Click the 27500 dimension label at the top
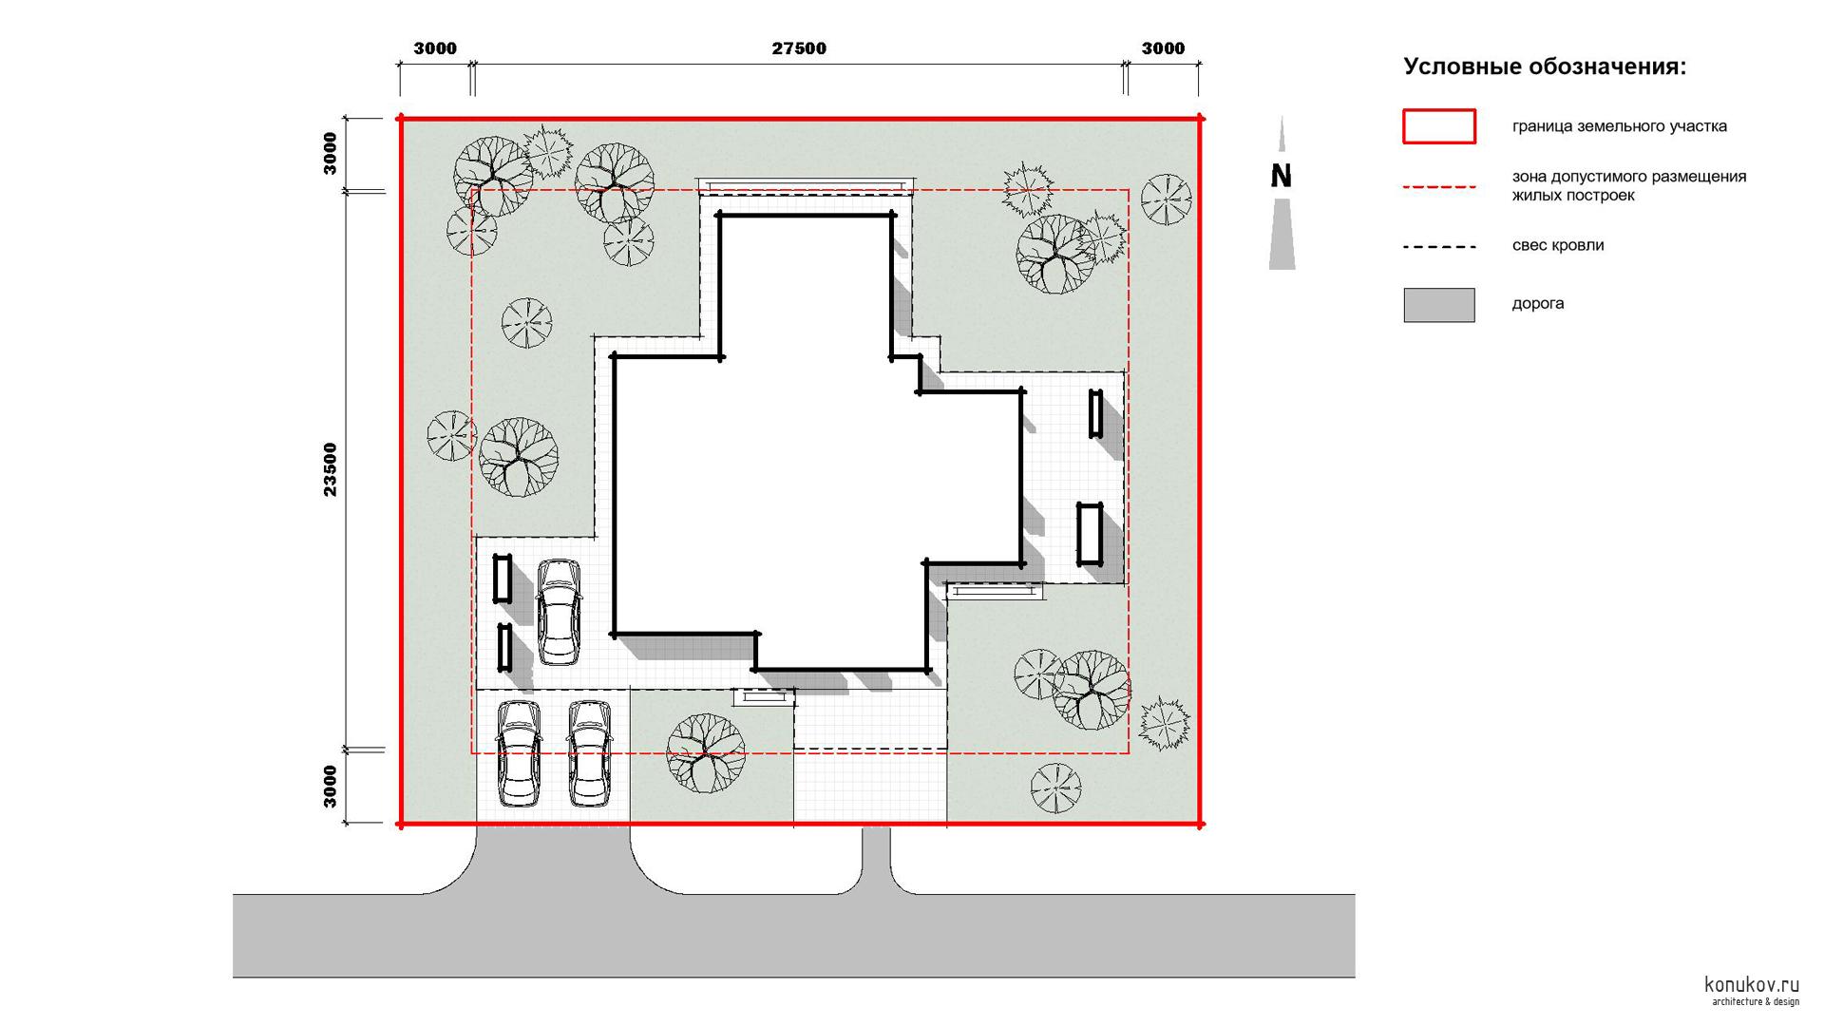point(798,48)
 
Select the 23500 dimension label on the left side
point(330,469)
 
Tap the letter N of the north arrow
point(1282,177)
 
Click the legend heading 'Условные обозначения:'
point(1545,66)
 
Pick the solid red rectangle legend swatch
point(1439,126)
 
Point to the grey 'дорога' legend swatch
point(1439,305)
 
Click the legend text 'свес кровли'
point(1558,245)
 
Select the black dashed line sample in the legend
point(1439,247)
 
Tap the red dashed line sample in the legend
point(1439,187)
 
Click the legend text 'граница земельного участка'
point(1619,126)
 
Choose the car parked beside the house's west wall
point(558,612)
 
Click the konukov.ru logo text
point(1752,985)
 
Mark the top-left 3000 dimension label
point(435,48)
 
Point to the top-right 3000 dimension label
point(1163,48)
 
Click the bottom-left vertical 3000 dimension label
point(330,787)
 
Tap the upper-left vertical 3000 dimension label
point(330,153)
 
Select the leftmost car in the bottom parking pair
point(519,754)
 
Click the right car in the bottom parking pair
point(589,754)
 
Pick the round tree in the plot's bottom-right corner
point(1055,788)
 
